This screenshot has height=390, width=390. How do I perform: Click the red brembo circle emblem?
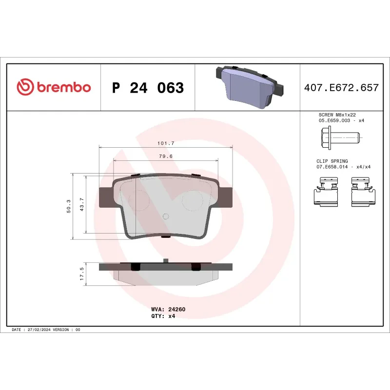coord(24,88)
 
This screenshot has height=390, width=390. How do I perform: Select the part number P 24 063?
coord(148,88)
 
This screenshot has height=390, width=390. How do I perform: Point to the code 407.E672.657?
coord(341,88)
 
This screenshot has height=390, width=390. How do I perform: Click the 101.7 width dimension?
coord(166,143)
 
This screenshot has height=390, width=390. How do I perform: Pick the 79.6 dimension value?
coord(166,156)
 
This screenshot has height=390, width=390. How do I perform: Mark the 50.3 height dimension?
coord(69,206)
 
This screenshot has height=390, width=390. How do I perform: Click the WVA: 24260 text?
coord(168,309)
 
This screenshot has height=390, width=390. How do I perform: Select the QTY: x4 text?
coord(163,316)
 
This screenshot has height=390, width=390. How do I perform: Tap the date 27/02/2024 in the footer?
coord(37,330)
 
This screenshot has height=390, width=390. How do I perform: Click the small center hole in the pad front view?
coord(165,216)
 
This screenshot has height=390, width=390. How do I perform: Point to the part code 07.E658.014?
coord(332,167)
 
